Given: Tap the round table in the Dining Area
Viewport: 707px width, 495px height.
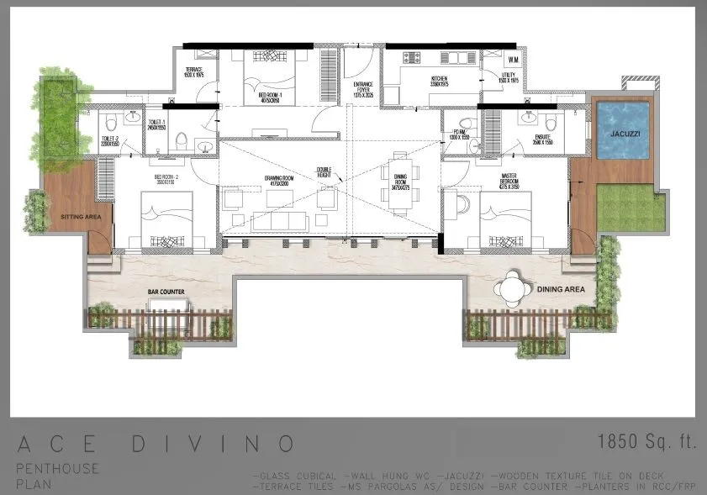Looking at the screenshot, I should pyautogui.click(x=513, y=287).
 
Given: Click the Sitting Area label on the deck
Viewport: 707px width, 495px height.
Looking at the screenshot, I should pyautogui.click(x=80, y=217).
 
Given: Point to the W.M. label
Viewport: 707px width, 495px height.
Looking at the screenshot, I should pyautogui.click(x=513, y=61).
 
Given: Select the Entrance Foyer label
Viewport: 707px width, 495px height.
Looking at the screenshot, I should pyautogui.click(x=363, y=87).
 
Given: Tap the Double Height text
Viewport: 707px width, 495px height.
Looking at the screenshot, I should pyautogui.click(x=324, y=172).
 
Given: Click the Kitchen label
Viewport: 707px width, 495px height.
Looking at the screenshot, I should pyautogui.click(x=418, y=82).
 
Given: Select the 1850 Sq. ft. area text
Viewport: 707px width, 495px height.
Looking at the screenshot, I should pyautogui.click(x=646, y=441).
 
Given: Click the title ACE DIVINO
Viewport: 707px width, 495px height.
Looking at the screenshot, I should pyautogui.click(x=156, y=443).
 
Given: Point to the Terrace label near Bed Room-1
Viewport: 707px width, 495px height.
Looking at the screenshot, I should pyautogui.click(x=194, y=73).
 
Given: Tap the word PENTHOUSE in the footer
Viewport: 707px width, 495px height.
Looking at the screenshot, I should pyautogui.click(x=57, y=468).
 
